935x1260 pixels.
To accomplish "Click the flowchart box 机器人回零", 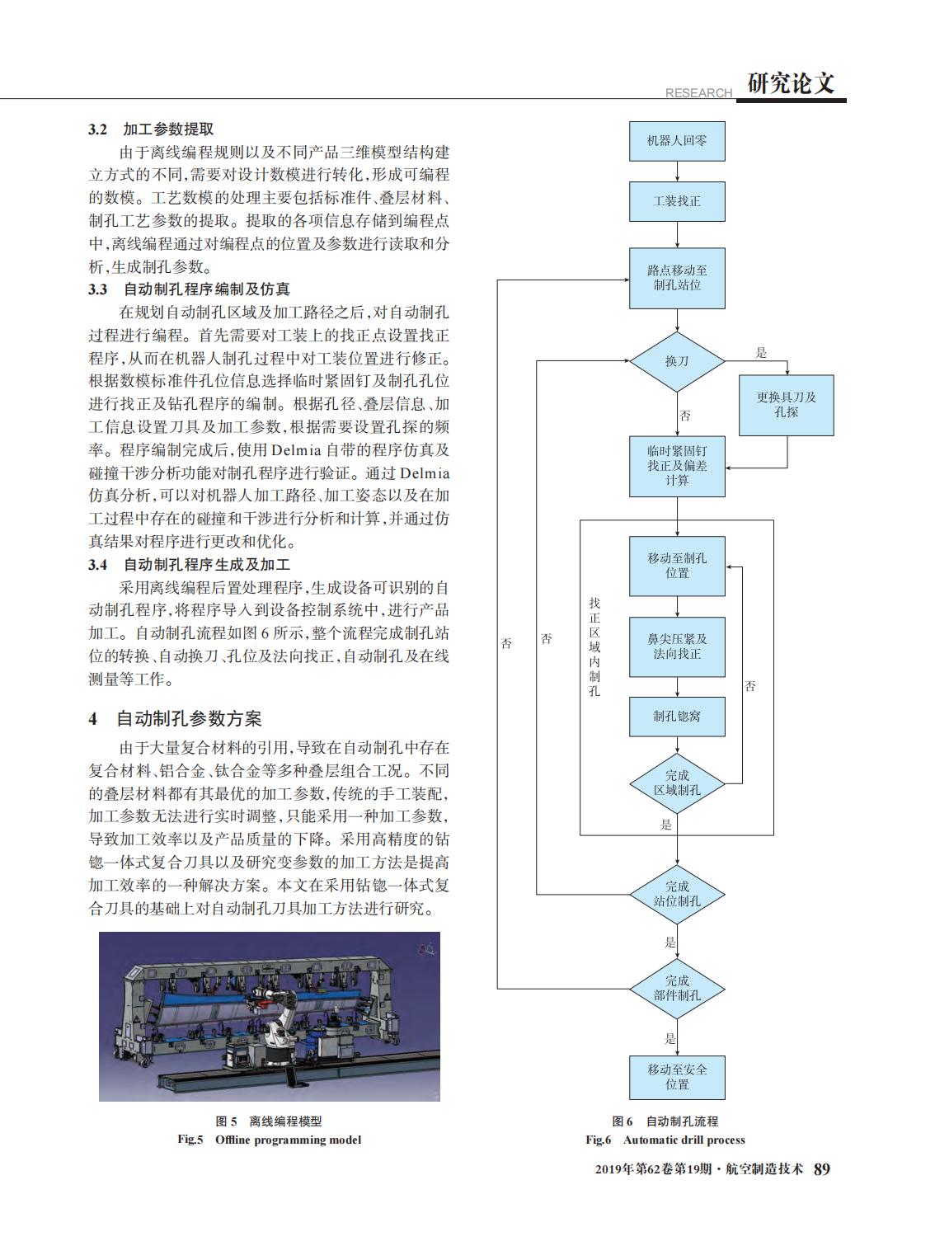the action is [x=677, y=142].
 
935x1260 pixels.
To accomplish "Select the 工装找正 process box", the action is [x=677, y=202].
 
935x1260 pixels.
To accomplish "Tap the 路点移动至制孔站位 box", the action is [x=677, y=279].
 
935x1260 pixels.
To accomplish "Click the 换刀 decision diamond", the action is [x=677, y=361].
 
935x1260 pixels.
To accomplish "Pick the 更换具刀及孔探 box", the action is [x=786, y=405].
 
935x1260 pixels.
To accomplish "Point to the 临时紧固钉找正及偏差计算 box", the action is [x=677, y=467].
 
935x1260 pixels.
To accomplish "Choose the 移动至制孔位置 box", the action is [x=677, y=566].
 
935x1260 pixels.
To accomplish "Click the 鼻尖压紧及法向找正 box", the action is [x=677, y=646].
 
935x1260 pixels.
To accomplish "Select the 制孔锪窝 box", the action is [x=677, y=717].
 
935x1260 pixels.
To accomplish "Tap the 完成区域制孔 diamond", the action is [x=677, y=784].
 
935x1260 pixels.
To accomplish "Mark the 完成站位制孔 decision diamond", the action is [x=677, y=894].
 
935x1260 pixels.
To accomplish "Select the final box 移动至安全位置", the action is [x=677, y=1077].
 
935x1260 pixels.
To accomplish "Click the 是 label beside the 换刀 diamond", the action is [x=761, y=353].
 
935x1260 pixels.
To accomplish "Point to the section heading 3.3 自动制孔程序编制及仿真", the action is [x=189, y=289].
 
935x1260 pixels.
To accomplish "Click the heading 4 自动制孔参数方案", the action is [x=175, y=718].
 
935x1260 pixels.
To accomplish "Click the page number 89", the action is [x=822, y=1168].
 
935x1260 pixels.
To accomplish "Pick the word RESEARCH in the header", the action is [x=698, y=92].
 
